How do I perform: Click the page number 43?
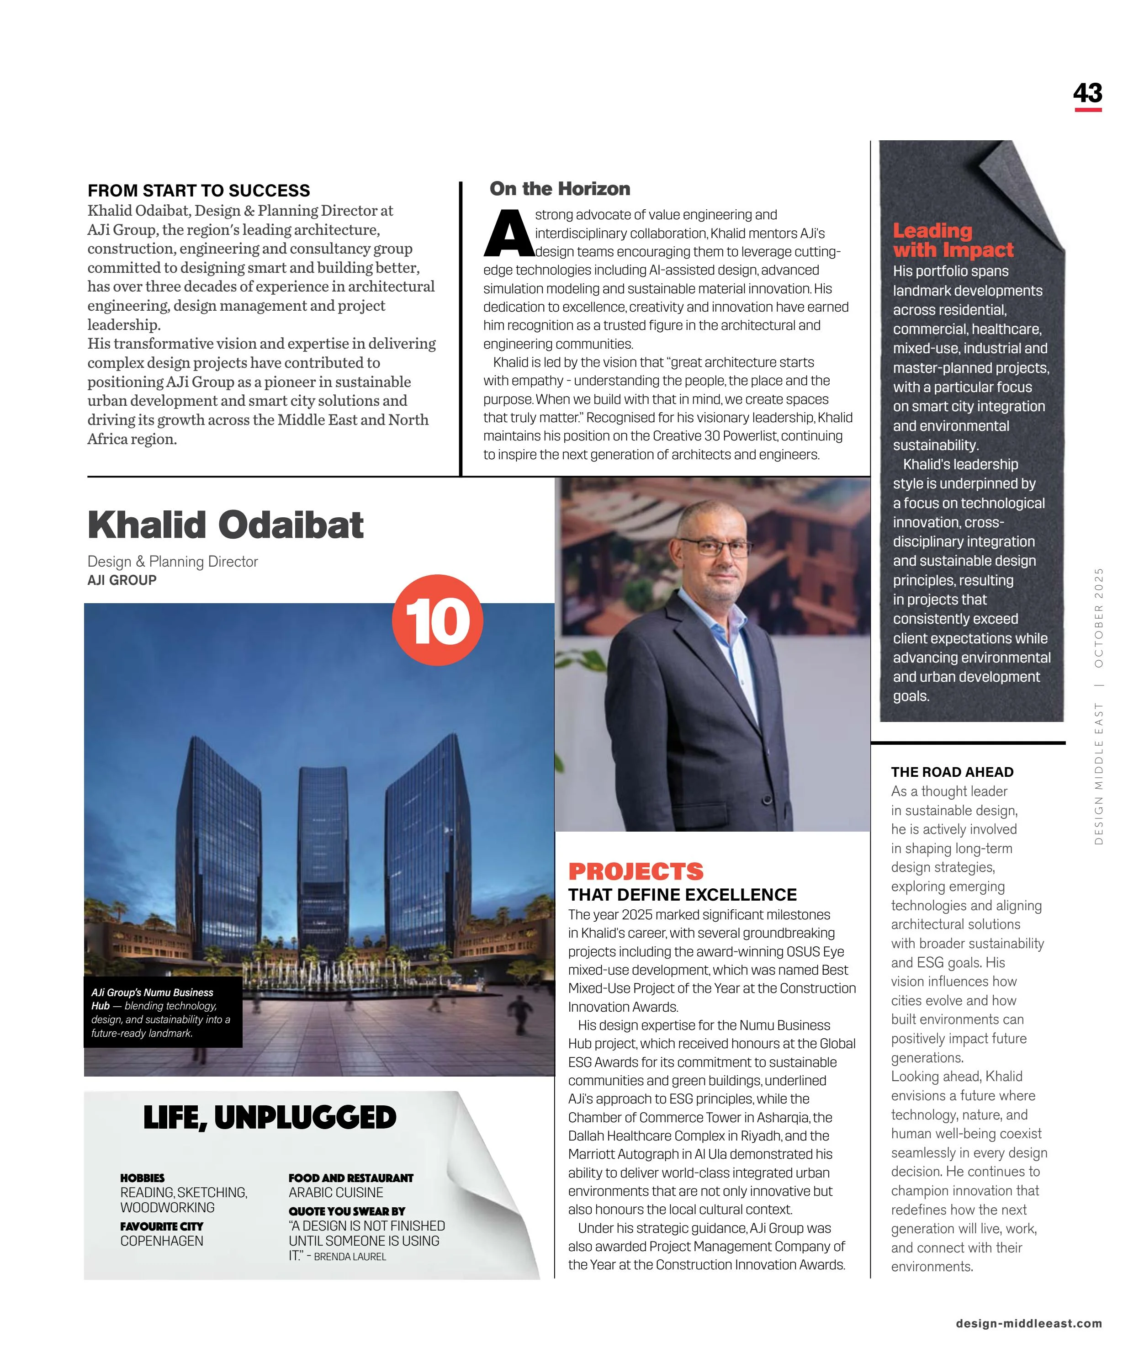pos(1087,93)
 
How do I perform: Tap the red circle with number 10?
pos(437,620)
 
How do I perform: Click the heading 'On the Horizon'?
pos(560,189)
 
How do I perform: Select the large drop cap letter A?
pos(508,233)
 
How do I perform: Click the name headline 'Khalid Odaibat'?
pos(226,525)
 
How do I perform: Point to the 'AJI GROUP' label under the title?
pos(122,580)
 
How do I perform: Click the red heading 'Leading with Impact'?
pos(953,240)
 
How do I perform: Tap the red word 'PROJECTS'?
pos(636,871)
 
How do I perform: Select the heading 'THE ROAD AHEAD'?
pos(952,772)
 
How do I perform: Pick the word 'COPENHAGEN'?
pos(162,1241)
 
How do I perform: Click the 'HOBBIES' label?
pos(142,1178)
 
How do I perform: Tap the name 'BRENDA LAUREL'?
pos(350,1257)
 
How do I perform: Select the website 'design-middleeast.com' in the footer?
pos(1028,1323)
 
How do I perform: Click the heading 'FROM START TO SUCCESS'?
pos(199,191)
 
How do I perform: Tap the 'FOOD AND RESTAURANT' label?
pos(351,1178)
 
